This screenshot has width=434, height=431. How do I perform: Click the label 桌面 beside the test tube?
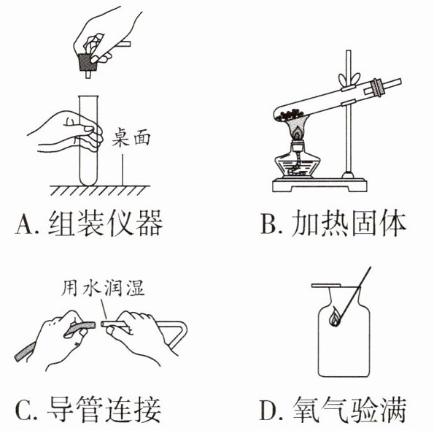click(131, 137)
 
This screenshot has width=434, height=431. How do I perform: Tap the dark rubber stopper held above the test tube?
click(88, 62)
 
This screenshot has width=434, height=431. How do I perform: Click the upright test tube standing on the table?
click(88, 140)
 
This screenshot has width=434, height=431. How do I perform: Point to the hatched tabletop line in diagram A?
click(100, 190)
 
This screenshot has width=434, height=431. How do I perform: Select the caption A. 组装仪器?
click(88, 223)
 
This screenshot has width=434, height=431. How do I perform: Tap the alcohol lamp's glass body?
click(298, 164)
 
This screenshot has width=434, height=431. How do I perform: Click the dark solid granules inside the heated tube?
click(290, 114)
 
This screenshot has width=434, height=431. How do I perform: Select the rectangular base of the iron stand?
click(319, 185)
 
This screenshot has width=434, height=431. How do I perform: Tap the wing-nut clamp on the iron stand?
click(349, 80)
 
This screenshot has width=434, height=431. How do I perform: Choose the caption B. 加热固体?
click(333, 223)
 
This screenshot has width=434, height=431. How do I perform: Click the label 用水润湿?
click(103, 289)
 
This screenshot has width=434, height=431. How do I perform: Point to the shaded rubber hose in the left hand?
click(55, 340)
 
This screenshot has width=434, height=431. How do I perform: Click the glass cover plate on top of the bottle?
click(326, 286)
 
